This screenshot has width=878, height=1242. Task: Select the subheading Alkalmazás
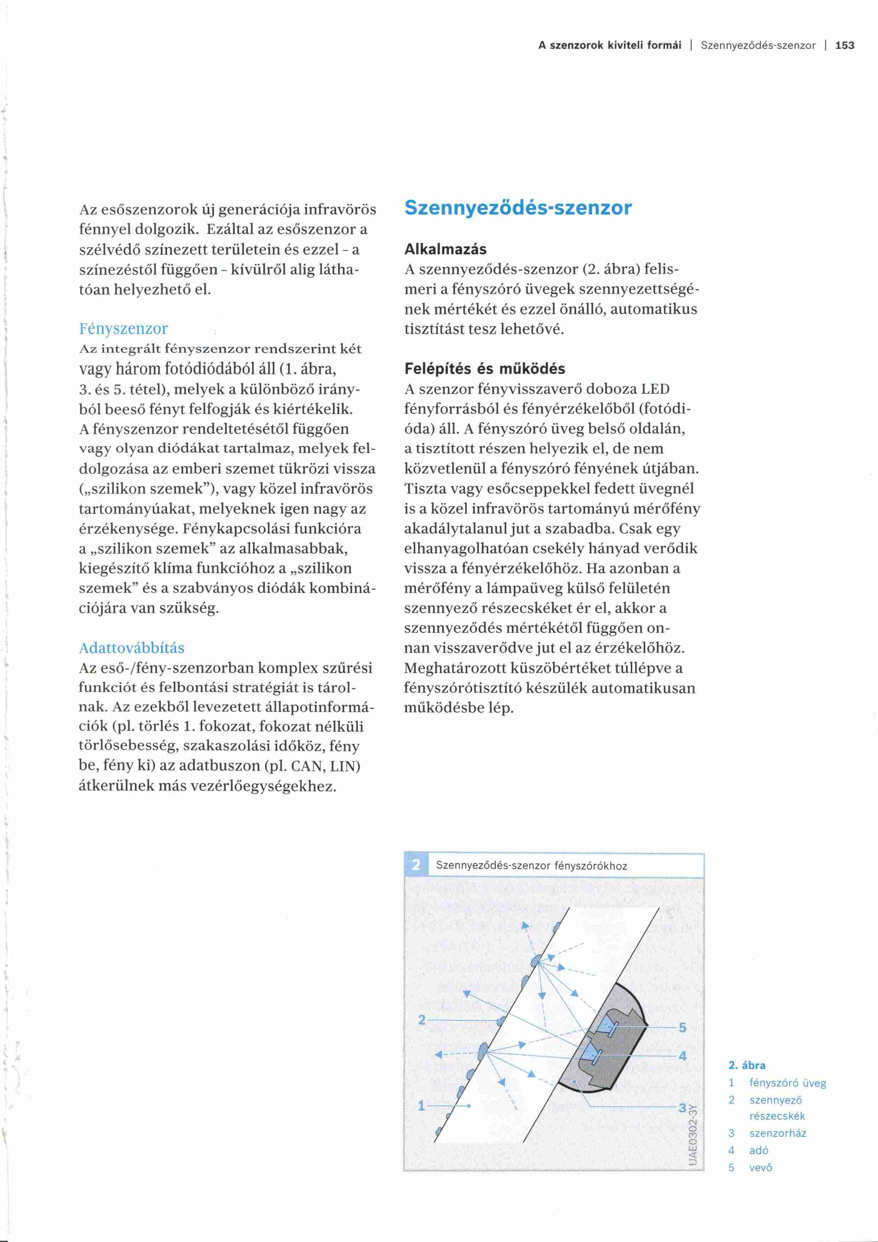[445, 249]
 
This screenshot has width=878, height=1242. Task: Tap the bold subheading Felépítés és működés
[484, 369]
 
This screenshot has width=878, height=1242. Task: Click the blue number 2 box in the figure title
[416, 866]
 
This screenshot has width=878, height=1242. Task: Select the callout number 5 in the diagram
[682, 1027]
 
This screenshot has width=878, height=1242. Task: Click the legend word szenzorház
[777, 1133]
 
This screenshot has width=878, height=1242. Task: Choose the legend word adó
[759, 1151]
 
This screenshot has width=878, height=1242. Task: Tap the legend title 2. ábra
[747, 1066]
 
